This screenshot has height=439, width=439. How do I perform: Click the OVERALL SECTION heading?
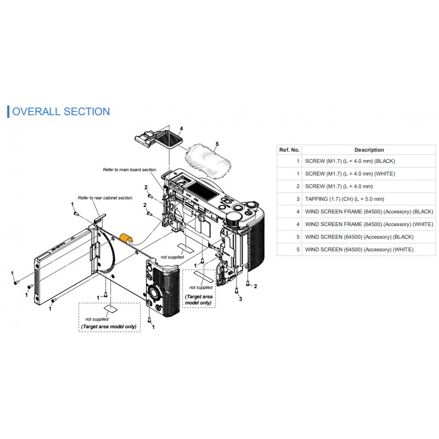point(60,112)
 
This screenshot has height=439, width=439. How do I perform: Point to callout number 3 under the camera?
point(240,299)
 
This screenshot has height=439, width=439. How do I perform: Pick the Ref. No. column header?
point(289,150)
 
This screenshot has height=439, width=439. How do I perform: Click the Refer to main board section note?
point(130,170)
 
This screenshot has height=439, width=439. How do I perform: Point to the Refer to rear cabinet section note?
point(105,198)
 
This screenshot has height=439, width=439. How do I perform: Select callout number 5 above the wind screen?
point(217,144)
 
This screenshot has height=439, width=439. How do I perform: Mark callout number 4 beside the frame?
point(181,129)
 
